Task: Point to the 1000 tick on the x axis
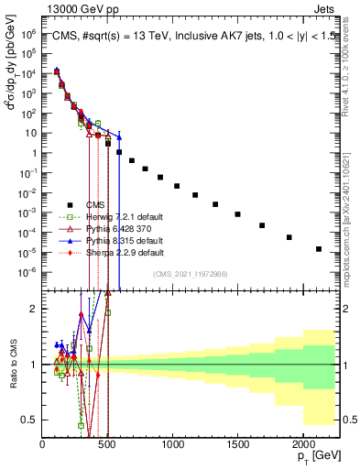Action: coord(172,445)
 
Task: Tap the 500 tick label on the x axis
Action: coord(107,445)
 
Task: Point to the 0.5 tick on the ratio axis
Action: coord(31,420)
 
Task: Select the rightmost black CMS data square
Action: coord(318,249)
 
